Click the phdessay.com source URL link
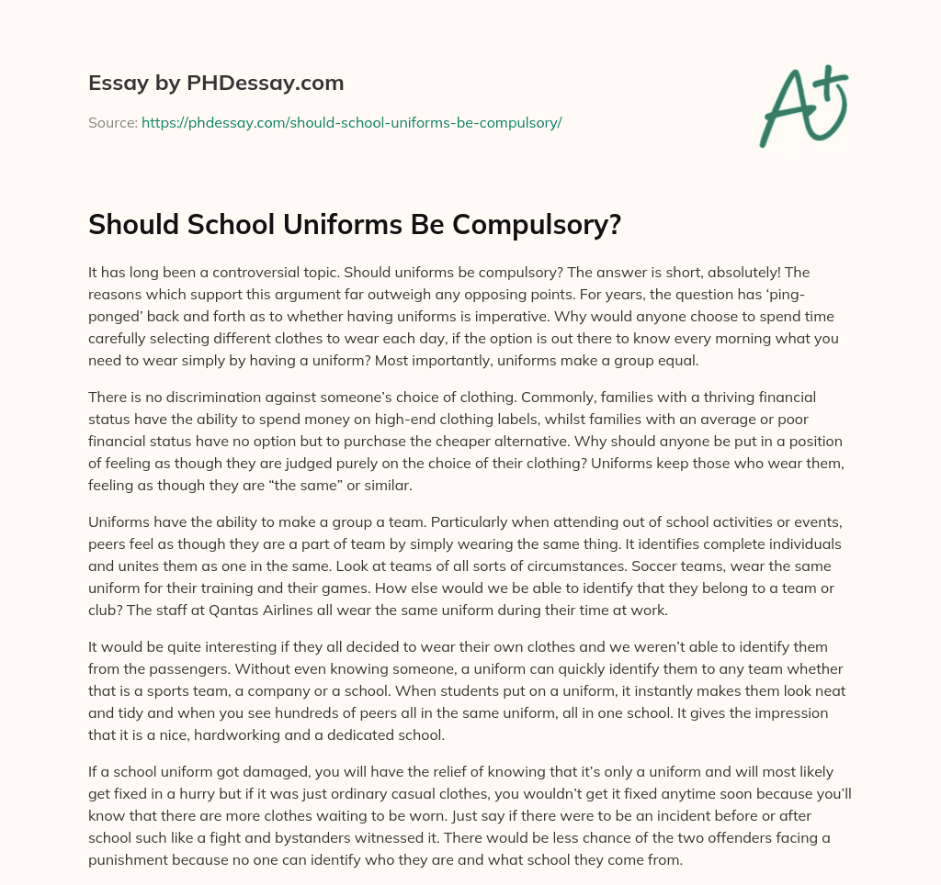(x=351, y=122)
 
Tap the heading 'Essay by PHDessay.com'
(x=216, y=83)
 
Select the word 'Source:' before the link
(x=112, y=122)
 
